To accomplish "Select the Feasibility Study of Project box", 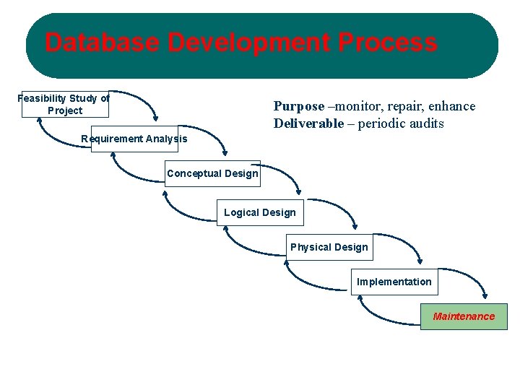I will click(x=64, y=104).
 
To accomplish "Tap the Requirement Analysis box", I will click(x=134, y=139).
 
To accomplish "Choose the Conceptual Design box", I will click(x=212, y=173).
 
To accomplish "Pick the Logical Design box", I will click(x=260, y=212).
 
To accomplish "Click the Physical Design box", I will click(x=329, y=247).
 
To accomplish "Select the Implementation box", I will click(x=394, y=282).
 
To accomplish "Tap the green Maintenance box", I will click(x=464, y=316).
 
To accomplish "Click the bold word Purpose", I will click(x=298, y=106).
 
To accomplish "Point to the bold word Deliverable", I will click(x=308, y=123).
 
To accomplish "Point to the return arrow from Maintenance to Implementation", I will click(x=383, y=318).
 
